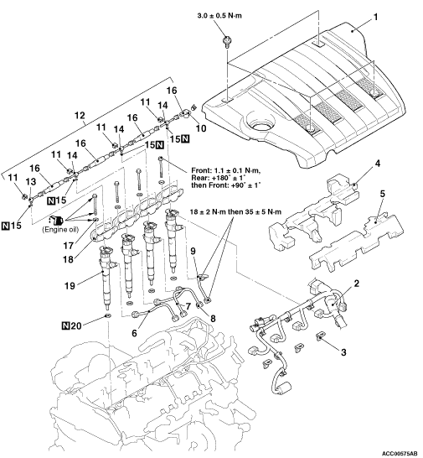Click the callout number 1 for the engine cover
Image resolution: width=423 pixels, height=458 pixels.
pyautogui.click(x=376, y=18)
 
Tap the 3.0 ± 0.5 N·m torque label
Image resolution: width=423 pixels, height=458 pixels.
pyautogui.click(x=219, y=15)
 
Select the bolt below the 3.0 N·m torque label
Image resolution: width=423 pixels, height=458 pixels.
pyautogui.click(x=226, y=41)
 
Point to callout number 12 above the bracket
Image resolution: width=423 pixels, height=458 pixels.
pyautogui.click(x=80, y=115)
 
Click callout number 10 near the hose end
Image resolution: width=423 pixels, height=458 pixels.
pyautogui.click(x=201, y=128)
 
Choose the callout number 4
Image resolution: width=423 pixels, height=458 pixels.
pyautogui.click(x=378, y=164)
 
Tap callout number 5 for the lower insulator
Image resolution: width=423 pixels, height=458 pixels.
pyautogui.click(x=382, y=194)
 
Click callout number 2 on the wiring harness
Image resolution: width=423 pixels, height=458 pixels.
pyautogui.click(x=356, y=283)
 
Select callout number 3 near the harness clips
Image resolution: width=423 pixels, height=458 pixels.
pyautogui.click(x=343, y=352)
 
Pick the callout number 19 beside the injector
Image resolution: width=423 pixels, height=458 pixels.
pyautogui.click(x=70, y=285)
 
